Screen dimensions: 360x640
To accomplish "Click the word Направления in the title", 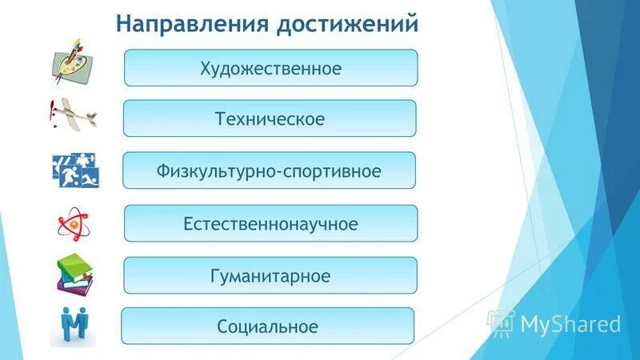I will pyautogui.click(x=190, y=22).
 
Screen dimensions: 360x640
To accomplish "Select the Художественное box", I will pyautogui.click(x=270, y=68).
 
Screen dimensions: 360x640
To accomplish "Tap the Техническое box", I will pyautogui.click(x=270, y=118).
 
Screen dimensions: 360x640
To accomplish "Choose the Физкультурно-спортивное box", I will pyautogui.click(x=270, y=170).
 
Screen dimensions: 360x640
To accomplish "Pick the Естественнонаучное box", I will pyautogui.click(x=270, y=223).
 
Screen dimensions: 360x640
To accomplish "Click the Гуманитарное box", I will pyautogui.click(x=270, y=275).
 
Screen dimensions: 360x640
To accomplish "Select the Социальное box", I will pyautogui.click(x=267, y=326).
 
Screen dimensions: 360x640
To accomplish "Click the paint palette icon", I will pyautogui.click(x=74, y=63).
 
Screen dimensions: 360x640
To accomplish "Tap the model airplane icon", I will pyautogui.click(x=74, y=114).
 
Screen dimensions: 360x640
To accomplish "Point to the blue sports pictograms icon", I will pyautogui.click(x=75, y=170).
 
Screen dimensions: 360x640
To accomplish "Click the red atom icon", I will pyautogui.click(x=74, y=225).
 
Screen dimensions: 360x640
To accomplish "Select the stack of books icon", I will pyautogui.click(x=74, y=275).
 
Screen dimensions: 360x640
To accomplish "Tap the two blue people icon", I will pyautogui.click(x=74, y=326).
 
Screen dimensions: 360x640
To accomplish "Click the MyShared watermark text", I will pyautogui.click(x=570, y=323).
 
